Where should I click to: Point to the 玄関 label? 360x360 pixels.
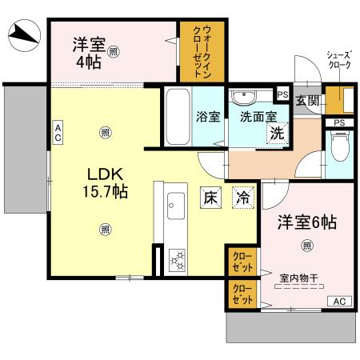(306, 102)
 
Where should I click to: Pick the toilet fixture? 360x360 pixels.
(339, 148)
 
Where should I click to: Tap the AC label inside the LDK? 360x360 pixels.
(58, 132)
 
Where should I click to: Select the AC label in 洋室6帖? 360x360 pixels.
(338, 301)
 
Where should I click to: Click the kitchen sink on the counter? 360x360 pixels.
(175, 210)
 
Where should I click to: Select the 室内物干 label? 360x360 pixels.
(298, 278)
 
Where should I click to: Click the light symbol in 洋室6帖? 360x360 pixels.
(306, 245)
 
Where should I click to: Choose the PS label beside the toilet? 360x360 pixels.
(340, 122)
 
